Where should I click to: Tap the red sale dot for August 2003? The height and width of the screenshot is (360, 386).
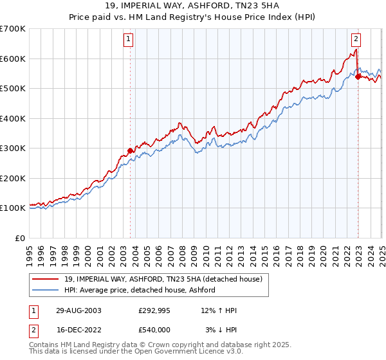[131, 150]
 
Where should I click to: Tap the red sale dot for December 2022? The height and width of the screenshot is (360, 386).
[358, 76]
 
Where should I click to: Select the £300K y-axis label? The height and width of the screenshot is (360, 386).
[13, 148]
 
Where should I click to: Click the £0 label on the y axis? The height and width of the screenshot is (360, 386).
[20, 238]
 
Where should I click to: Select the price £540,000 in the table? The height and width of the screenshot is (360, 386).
[154, 329]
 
